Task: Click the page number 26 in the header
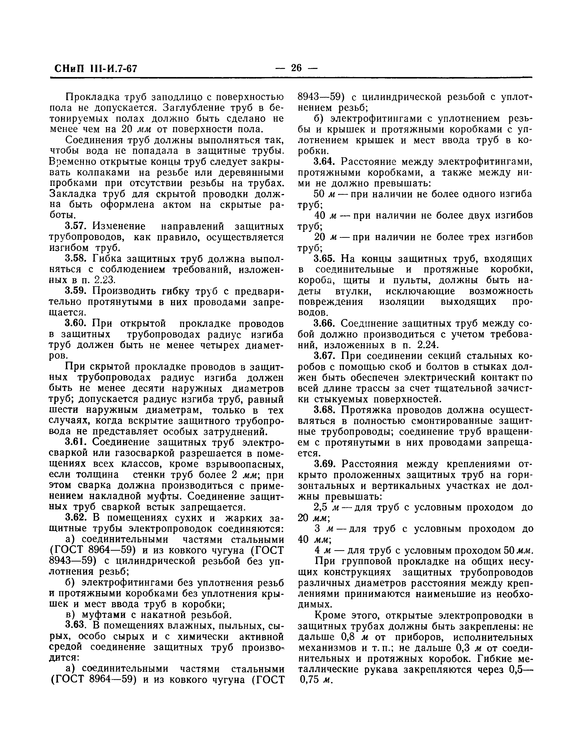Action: (296, 67)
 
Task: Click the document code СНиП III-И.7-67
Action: (96, 68)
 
